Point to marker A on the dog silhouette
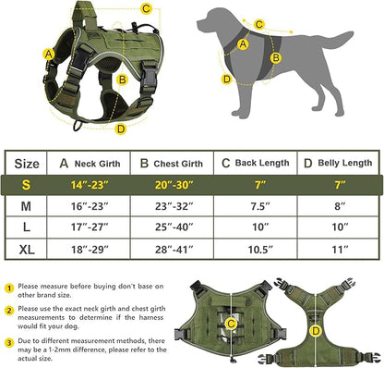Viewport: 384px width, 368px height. [243, 43]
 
